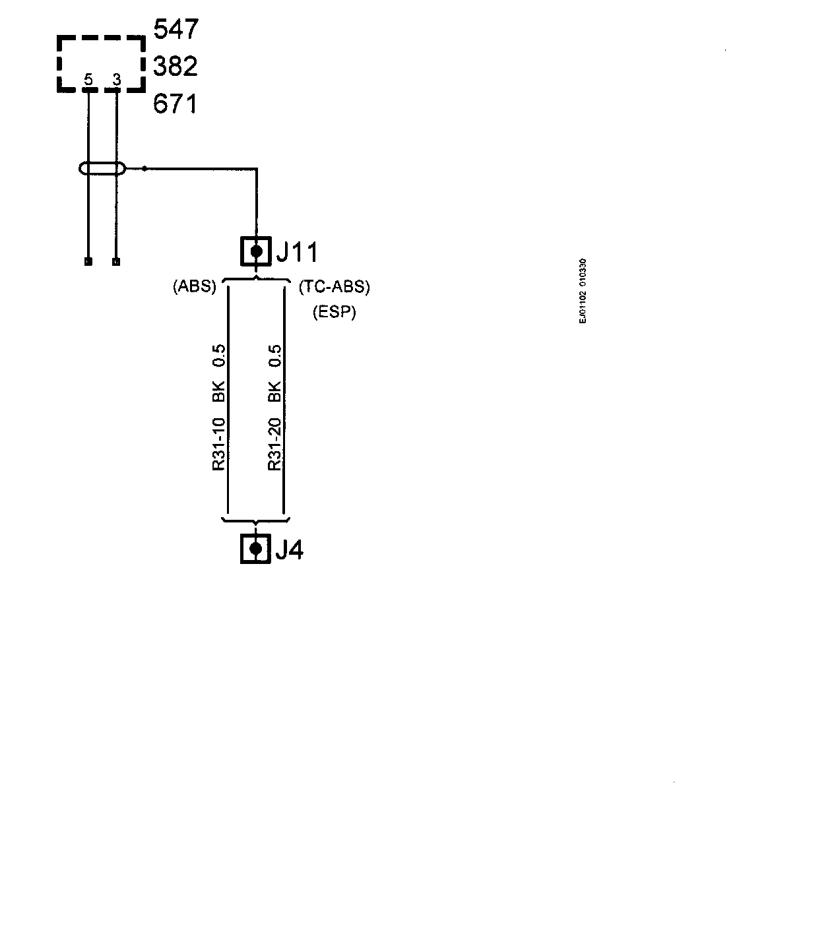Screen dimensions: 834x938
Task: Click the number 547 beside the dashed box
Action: [176, 30]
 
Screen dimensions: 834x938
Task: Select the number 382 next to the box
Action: [176, 67]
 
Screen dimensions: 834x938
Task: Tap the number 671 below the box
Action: [176, 104]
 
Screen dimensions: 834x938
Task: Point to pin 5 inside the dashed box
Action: [88, 80]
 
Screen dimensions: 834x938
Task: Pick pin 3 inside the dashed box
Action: [117, 80]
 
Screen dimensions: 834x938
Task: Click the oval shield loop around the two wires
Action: [102, 168]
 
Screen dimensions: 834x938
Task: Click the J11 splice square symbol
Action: [256, 251]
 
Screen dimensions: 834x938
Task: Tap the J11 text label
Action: [296, 252]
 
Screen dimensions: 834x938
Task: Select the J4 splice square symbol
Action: [256, 548]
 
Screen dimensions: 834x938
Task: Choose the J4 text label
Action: [289, 549]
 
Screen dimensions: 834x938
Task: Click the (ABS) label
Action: [195, 287]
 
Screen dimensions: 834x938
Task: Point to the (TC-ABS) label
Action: [335, 287]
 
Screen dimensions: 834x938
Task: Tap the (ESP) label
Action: [335, 312]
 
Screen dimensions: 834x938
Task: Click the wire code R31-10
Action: [219, 445]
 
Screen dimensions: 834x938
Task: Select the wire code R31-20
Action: [275, 445]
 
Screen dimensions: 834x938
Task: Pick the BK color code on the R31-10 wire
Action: [219, 391]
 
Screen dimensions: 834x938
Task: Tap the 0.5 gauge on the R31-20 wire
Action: [275, 356]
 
